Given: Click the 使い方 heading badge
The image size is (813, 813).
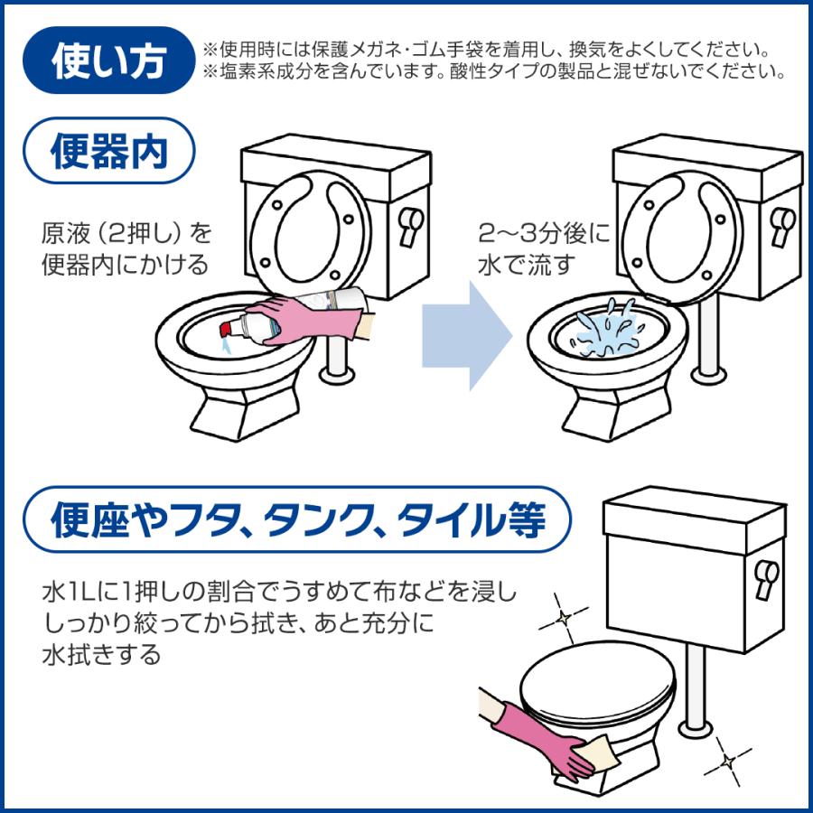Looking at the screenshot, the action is pos(109,61).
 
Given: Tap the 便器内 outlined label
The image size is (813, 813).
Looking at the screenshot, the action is pos(109,151).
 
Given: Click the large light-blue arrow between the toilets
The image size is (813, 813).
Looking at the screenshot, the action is pos(467,335).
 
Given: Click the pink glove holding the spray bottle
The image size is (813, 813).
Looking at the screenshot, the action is pos(306,320).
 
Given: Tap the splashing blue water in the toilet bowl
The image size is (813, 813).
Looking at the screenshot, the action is pos(607,331).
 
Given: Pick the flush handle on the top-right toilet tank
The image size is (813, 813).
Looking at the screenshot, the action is pos(783,227).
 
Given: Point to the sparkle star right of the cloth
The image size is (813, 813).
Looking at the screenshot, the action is pos(728,762).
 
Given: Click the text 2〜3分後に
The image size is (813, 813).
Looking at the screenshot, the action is pos(544,234).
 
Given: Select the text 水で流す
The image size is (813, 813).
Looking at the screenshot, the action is pos(527,265).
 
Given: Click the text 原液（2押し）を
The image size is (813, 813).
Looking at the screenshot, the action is pos(127,234).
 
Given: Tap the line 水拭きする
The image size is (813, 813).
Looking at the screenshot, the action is pos(102,655).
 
